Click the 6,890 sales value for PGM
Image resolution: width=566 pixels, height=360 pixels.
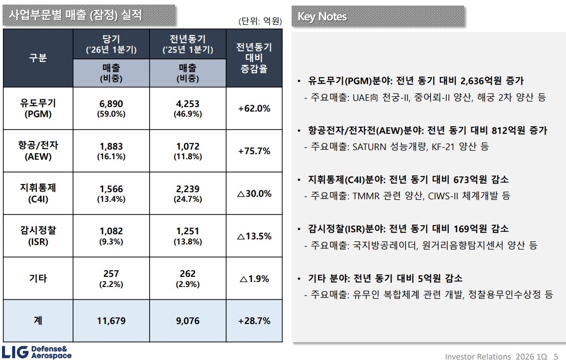click(x=111, y=104)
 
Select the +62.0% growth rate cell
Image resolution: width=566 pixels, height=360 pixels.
click(x=254, y=109)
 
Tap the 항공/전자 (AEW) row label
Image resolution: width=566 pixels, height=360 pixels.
click(x=38, y=151)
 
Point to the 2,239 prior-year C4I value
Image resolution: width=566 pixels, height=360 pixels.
click(x=188, y=189)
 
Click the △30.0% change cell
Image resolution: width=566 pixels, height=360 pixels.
click(x=254, y=194)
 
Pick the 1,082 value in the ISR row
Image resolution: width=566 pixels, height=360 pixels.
click(x=111, y=231)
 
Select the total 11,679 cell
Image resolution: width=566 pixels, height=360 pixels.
click(x=111, y=320)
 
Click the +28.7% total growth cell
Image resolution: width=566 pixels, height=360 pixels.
click(x=254, y=320)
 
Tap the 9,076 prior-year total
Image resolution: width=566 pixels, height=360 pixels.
click(x=188, y=320)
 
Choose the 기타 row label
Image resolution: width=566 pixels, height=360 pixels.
click(x=38, y=278)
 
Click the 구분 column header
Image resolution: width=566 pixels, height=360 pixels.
click(x=38, y=58)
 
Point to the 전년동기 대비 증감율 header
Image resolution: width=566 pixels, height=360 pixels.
click(x=254, y=58)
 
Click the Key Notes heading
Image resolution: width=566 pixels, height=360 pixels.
click(x=322, y=17)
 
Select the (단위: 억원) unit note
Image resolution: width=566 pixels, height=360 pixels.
click(x=260, y=21)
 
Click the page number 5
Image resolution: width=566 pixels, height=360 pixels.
click(x=556, y=356)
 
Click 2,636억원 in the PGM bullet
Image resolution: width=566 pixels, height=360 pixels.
click(x=481, y=81)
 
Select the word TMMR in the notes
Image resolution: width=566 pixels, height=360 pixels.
click(x=366, y=196)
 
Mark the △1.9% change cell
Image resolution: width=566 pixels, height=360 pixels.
click(x=254, y=279)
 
